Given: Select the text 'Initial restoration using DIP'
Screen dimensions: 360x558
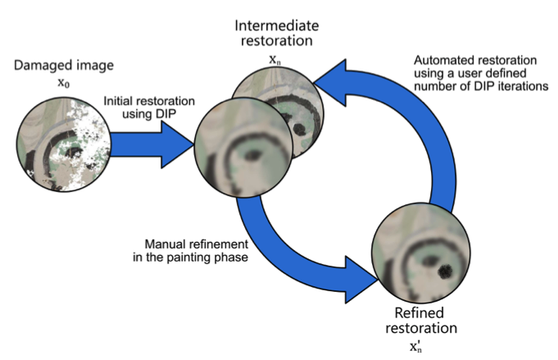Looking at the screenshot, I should coord(149,107).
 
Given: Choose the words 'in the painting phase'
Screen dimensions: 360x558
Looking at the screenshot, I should coord(184,258).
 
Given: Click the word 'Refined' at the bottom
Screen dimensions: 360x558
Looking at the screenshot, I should coord(421,314).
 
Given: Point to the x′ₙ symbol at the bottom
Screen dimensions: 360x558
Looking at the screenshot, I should coord(420,345).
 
